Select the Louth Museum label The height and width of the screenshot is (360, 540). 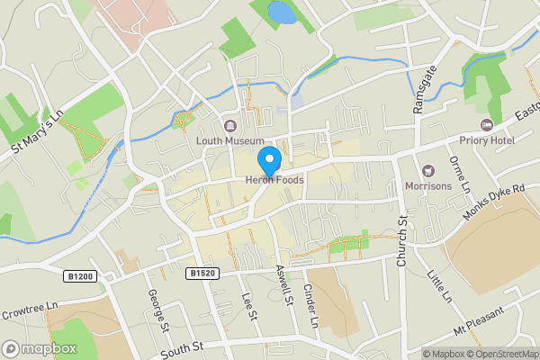230,140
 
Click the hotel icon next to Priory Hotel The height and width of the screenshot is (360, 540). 489,124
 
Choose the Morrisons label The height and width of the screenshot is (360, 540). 429,186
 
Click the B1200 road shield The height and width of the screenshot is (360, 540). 80,276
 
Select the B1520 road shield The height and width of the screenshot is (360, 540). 202,272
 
